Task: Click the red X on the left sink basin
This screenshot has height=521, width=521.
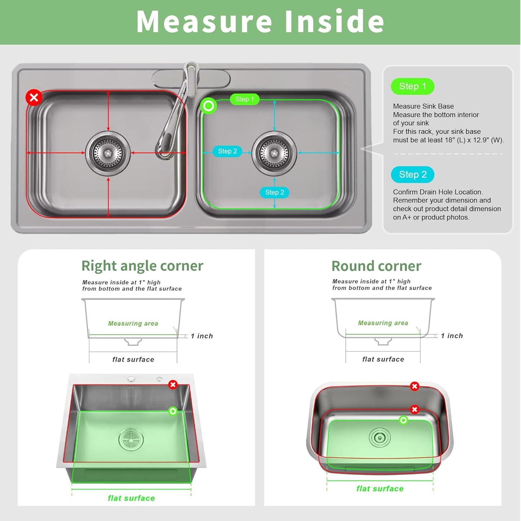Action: (x=34, y=97)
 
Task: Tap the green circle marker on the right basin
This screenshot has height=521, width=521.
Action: (x=208, y=106)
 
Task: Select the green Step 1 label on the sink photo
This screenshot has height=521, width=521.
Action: (x=245, y=99)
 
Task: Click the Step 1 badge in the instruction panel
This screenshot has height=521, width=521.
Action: (x=412, y=87)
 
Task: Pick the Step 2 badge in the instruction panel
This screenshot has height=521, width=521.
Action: (x=412, y=175)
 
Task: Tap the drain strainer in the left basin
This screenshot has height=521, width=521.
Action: (x=108, y=153)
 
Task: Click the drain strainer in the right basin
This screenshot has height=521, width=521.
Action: (x=274, y=153)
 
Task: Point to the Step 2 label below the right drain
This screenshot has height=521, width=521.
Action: (x=274, y=193)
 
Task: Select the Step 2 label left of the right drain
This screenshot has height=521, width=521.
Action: (x=228, y=151)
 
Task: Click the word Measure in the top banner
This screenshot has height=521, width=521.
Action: (x=204, y=22)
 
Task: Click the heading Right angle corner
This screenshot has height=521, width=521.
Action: (x=142, y=266)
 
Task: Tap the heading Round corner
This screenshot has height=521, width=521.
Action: (x=376, y=266)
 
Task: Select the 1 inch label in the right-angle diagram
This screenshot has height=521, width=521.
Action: (x=202, y=336)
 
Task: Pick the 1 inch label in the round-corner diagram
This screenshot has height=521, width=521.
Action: (x=452, y=336)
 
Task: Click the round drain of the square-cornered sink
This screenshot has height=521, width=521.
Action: (x=131, y=439)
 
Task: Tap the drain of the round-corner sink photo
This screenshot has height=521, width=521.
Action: (x=380, y=438)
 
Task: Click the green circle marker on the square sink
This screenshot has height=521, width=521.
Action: (x=173, y=411)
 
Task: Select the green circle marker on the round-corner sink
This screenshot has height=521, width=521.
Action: (x=403, y=420)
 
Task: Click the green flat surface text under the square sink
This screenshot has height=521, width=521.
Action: (x=131, y=498)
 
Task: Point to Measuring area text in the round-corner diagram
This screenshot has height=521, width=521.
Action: (x=383, y=323)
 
